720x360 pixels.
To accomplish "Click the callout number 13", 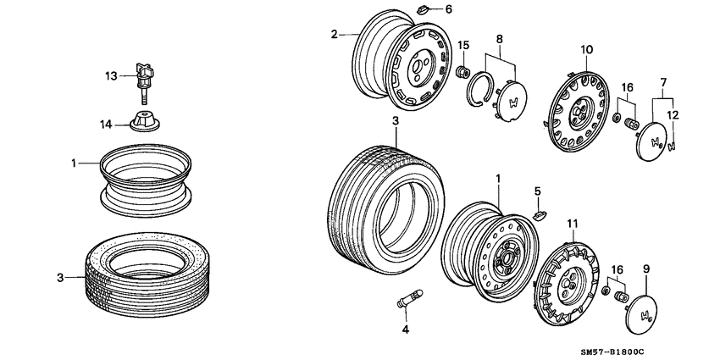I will coord(110,76).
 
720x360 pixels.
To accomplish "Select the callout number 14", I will coord(106,125).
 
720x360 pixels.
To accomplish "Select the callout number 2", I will coord(334,34).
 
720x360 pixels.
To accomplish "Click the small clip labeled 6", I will coord(424,10).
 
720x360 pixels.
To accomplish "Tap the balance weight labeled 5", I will coord(538,213).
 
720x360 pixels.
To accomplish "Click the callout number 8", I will coord(499,39).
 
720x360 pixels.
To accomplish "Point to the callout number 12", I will coord(673,114).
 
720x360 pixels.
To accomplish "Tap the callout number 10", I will coord(584,51).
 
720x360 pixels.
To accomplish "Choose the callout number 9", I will coord(645,269).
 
